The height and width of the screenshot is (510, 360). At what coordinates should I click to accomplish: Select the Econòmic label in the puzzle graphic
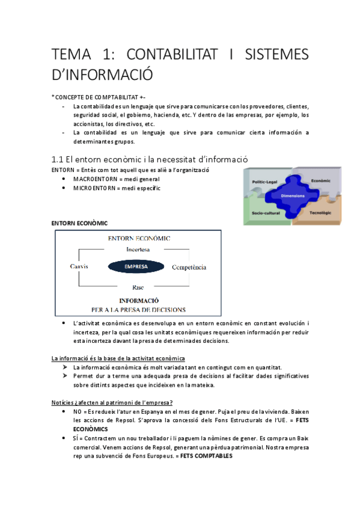coord(322,180)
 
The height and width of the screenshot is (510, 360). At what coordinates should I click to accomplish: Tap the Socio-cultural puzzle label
coord(267,213)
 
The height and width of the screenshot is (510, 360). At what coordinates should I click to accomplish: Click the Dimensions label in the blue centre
coord(293,197)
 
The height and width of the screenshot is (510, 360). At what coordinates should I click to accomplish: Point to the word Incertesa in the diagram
coord(138,249)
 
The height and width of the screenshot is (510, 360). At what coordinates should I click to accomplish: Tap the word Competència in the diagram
coord(189,266)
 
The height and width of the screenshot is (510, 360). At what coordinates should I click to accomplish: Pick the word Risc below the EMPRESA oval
coord(138,287)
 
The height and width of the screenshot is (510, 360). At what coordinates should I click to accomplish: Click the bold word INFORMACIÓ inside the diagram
coord(138,300)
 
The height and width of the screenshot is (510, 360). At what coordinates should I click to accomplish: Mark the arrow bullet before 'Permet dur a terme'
coord(66,375)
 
